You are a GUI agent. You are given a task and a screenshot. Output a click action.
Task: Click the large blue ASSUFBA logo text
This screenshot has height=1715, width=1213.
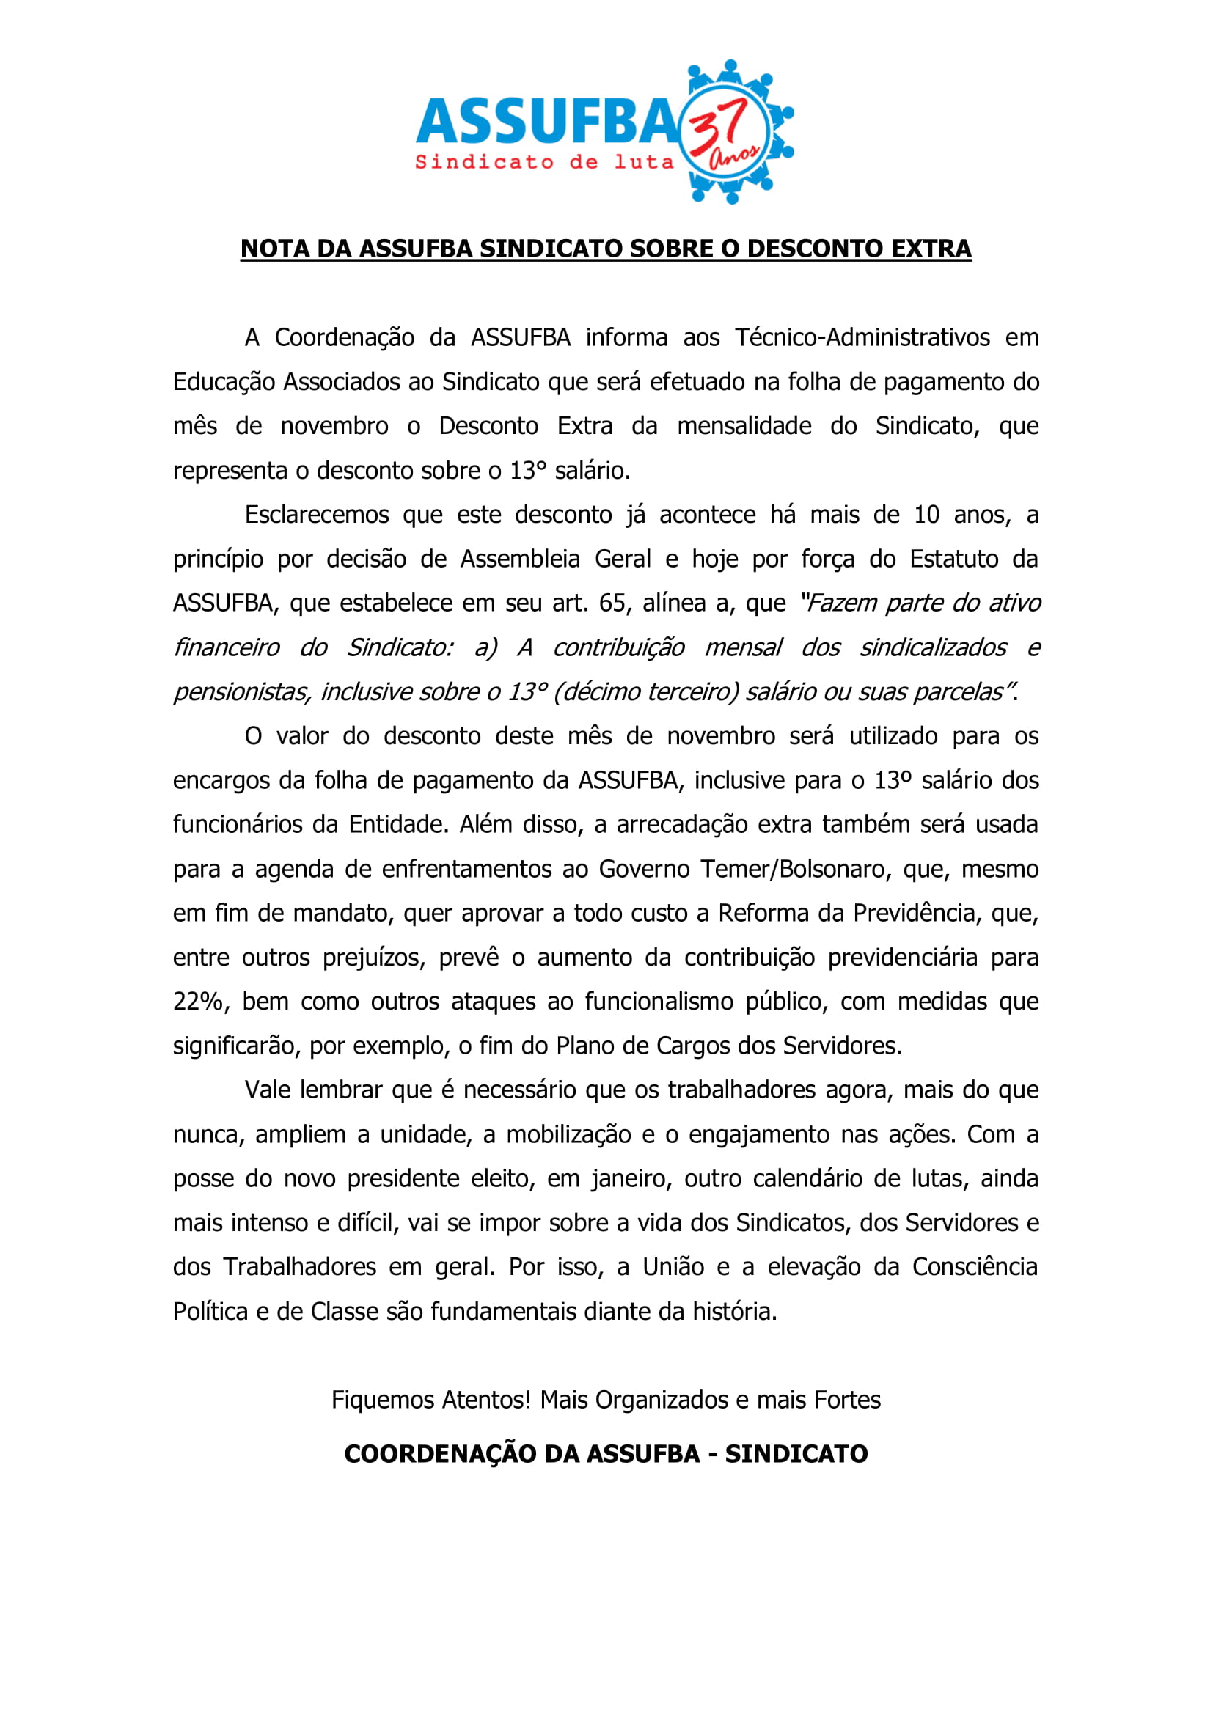click(x=545, y=121)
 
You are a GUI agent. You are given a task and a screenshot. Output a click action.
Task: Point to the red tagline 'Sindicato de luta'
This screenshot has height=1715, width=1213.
click(x=544, y=162)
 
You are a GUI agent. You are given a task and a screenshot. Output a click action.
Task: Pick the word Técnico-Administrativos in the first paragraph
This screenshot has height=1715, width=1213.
click(x=862, y=337)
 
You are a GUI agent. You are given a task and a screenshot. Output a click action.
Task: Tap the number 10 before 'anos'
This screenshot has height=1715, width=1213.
click(x=926, y=515)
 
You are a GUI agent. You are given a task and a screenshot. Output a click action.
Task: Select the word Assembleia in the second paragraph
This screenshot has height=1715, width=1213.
click(x=520, y=559)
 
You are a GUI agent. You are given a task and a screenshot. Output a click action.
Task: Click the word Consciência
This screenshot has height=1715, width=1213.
click(x=974, y=1268)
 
